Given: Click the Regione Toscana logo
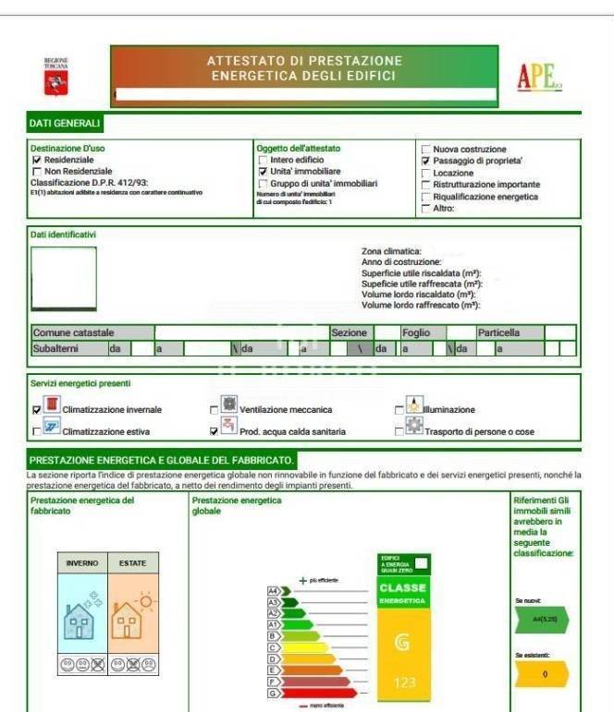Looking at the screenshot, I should point(56,78).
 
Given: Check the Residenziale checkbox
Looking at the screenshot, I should point(37,160).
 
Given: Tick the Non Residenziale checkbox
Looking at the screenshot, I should point(37,171).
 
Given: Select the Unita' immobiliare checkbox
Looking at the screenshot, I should point(263,172).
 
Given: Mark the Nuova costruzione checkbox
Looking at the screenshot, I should point(425,150).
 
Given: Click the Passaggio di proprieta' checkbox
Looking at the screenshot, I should point(425,161).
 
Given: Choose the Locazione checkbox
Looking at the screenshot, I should point(425,173).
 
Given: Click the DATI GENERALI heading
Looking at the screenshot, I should point(65,123).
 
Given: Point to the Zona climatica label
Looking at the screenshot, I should point(391,251).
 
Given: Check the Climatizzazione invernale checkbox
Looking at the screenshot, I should point(37,408).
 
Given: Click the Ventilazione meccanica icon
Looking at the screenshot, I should point(227,406).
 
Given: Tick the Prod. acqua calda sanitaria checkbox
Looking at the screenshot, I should point(215,430).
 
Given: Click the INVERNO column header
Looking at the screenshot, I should point(82,562).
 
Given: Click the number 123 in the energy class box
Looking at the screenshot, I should point(404,683).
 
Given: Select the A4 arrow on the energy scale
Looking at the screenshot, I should point(274,590).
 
